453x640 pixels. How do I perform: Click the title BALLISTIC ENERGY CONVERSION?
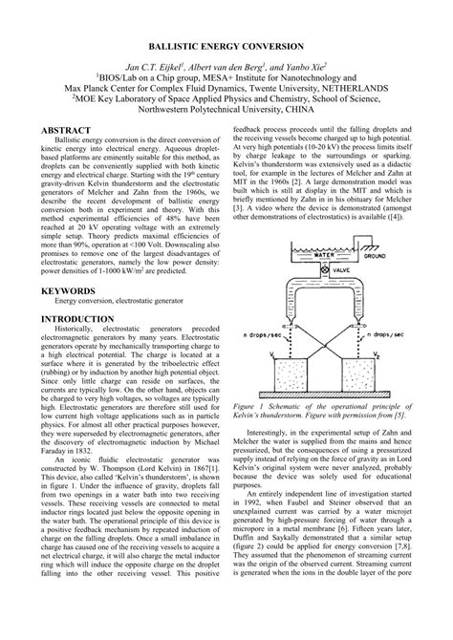pyautogui.click(x=226, y=45)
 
